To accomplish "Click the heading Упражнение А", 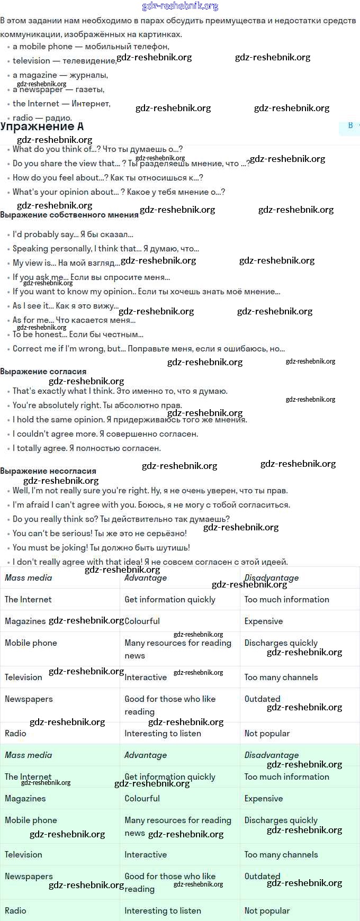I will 42,127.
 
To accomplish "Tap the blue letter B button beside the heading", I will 350,125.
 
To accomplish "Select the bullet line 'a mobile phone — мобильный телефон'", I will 91,47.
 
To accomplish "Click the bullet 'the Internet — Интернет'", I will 61,104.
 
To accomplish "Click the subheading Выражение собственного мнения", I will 69,215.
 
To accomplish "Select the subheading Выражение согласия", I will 43,372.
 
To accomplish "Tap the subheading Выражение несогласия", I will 48,471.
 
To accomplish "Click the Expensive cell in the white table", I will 264,621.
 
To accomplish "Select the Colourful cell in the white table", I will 142,621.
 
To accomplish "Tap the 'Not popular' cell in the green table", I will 267,911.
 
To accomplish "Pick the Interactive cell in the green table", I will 146,855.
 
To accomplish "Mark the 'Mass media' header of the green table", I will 29,755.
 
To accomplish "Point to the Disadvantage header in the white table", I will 272,578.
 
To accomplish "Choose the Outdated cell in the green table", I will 262,877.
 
